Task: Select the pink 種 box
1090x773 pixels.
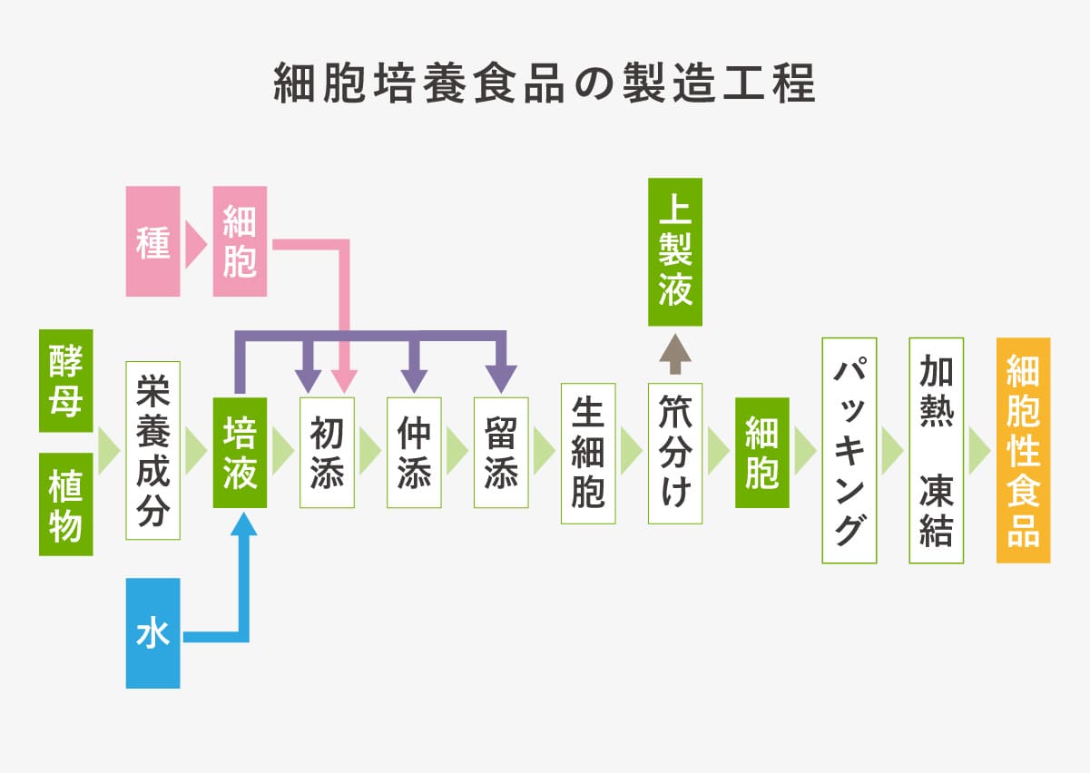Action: click(x=153, y=241)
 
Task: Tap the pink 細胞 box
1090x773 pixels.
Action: click(x=240, y=241)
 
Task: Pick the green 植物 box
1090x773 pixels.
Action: click(x=65, y=504)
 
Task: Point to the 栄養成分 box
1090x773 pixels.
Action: click(x=152, y=451)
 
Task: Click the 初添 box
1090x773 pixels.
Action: click(x=327, y=452)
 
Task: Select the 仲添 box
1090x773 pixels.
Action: click(x=414, y=452)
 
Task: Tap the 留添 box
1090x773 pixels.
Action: click(x=501, y=452)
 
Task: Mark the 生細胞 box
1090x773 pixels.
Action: click(x=588, y=453)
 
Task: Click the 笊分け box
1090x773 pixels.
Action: click(x=675, y=453)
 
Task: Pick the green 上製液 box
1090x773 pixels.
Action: click(x=675, y=252)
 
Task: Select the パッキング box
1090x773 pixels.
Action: click(x=849, y=451)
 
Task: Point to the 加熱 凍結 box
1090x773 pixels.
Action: click(x=936, y=451)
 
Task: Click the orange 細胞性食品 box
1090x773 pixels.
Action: click(x=1023, y=451)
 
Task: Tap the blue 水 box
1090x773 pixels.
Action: click(x=153, y=633)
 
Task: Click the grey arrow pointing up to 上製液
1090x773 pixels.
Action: click(x=675, y=353)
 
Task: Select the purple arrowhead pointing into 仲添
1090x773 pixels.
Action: click(x=414, y=378)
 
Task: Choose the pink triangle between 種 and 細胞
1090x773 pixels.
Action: click(x=195, y=241)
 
